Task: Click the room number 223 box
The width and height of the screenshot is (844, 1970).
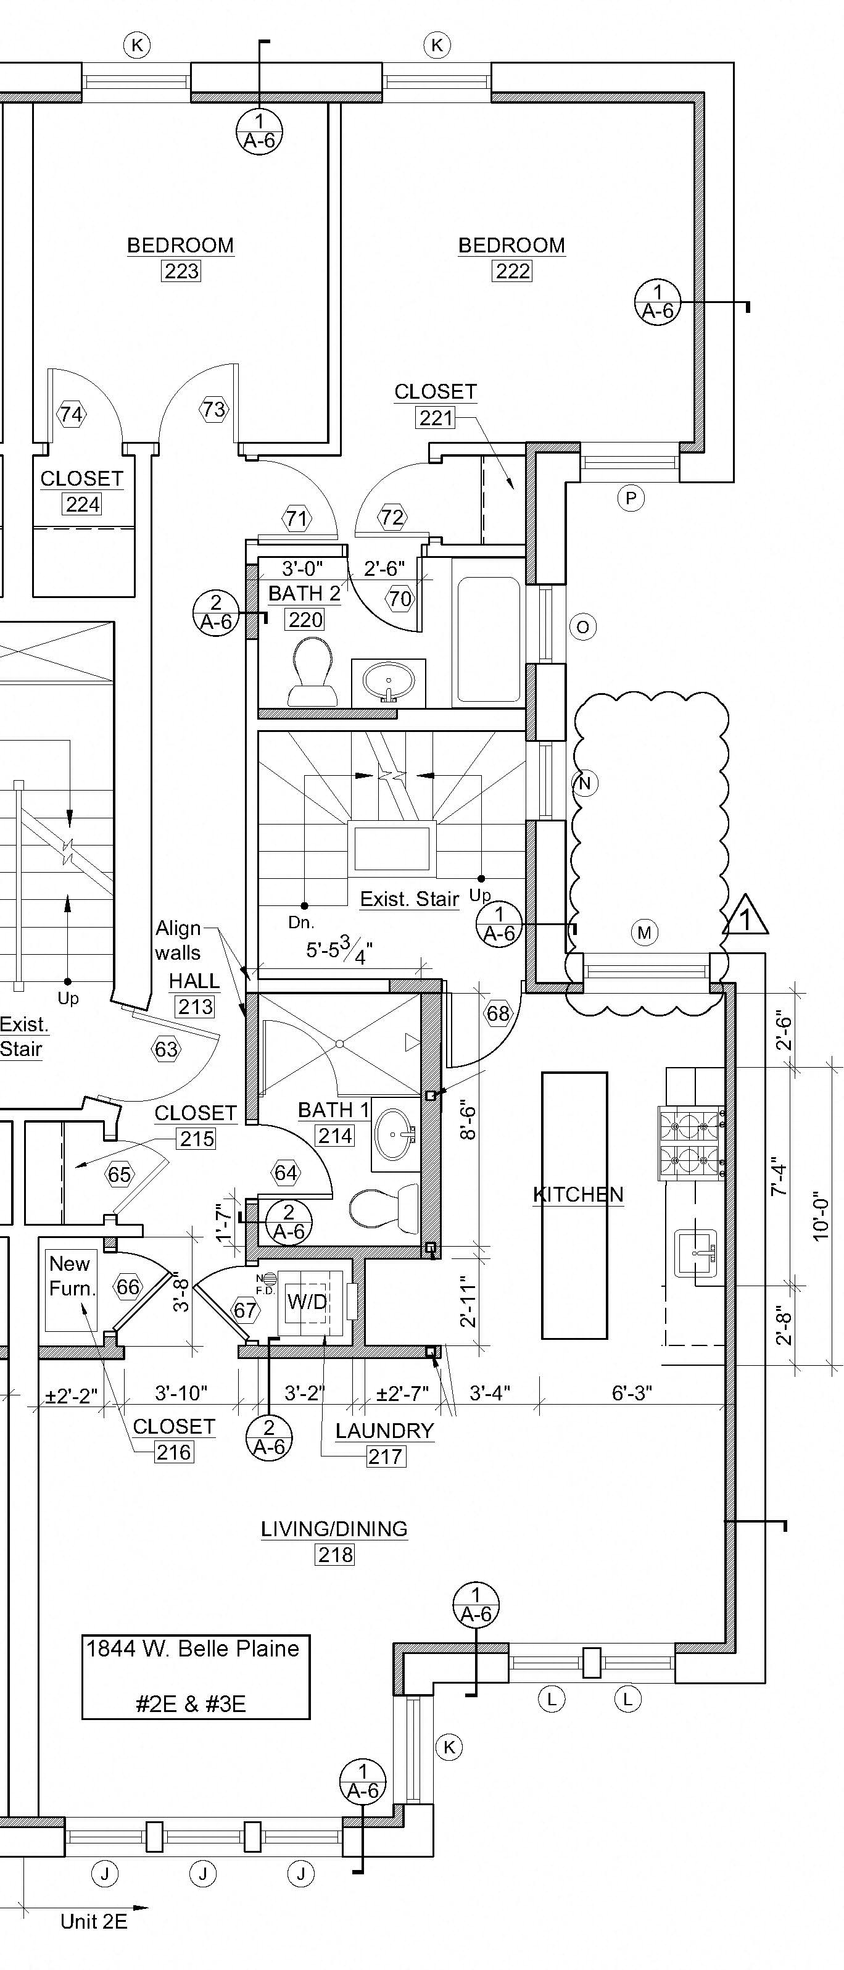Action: (181, 272)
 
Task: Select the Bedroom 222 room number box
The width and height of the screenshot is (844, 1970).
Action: (512, 272)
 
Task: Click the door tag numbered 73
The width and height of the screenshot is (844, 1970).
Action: (214, 409)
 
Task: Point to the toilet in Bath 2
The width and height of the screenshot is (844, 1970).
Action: (313, 671)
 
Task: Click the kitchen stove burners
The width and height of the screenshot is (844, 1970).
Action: (691, 1142)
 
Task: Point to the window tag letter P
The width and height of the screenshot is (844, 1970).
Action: (631, 499)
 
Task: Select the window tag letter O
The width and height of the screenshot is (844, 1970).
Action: (583, 627)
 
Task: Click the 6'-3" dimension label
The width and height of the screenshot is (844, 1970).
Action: (632, 1392)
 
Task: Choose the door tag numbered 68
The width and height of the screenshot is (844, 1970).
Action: (498, 1013)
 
